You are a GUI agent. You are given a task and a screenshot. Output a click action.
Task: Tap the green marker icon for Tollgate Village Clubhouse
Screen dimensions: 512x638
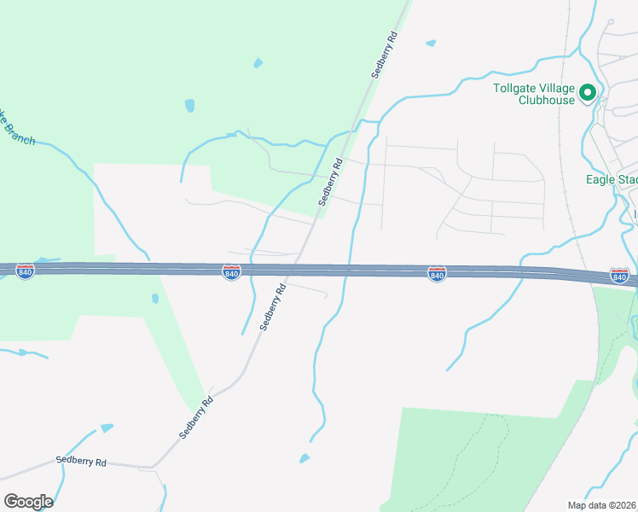click(588, 92)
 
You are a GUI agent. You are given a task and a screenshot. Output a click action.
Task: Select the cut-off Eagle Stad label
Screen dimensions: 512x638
click(612, 179)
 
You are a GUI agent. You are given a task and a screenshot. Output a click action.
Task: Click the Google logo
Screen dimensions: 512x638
click(28, 502)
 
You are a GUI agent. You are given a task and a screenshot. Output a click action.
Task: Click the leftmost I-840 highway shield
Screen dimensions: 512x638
click(26, 271)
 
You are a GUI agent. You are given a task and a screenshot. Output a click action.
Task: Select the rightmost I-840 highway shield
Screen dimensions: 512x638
click(619, 276)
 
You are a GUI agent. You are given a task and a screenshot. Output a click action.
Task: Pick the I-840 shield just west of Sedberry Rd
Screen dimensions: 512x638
click(231, 272)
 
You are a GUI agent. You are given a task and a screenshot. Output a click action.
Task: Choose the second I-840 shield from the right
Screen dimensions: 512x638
click(437, 274)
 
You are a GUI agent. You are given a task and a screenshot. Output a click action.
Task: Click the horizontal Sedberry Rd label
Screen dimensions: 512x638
click(81, 461)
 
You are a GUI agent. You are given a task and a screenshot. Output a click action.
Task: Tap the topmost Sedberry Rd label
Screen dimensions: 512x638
click(385, 55)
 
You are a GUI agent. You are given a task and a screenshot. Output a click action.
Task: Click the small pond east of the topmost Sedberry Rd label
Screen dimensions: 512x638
click(431, 43)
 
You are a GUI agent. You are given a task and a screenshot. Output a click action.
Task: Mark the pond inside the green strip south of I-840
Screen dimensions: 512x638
click(154, 299)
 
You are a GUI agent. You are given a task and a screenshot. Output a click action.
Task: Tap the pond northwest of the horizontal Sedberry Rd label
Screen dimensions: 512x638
click(106, 428)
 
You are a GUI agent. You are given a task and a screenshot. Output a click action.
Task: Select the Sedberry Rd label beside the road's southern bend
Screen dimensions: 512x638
click(195, 417)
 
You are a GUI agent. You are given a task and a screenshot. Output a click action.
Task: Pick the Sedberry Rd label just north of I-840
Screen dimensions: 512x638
click(330, 182)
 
